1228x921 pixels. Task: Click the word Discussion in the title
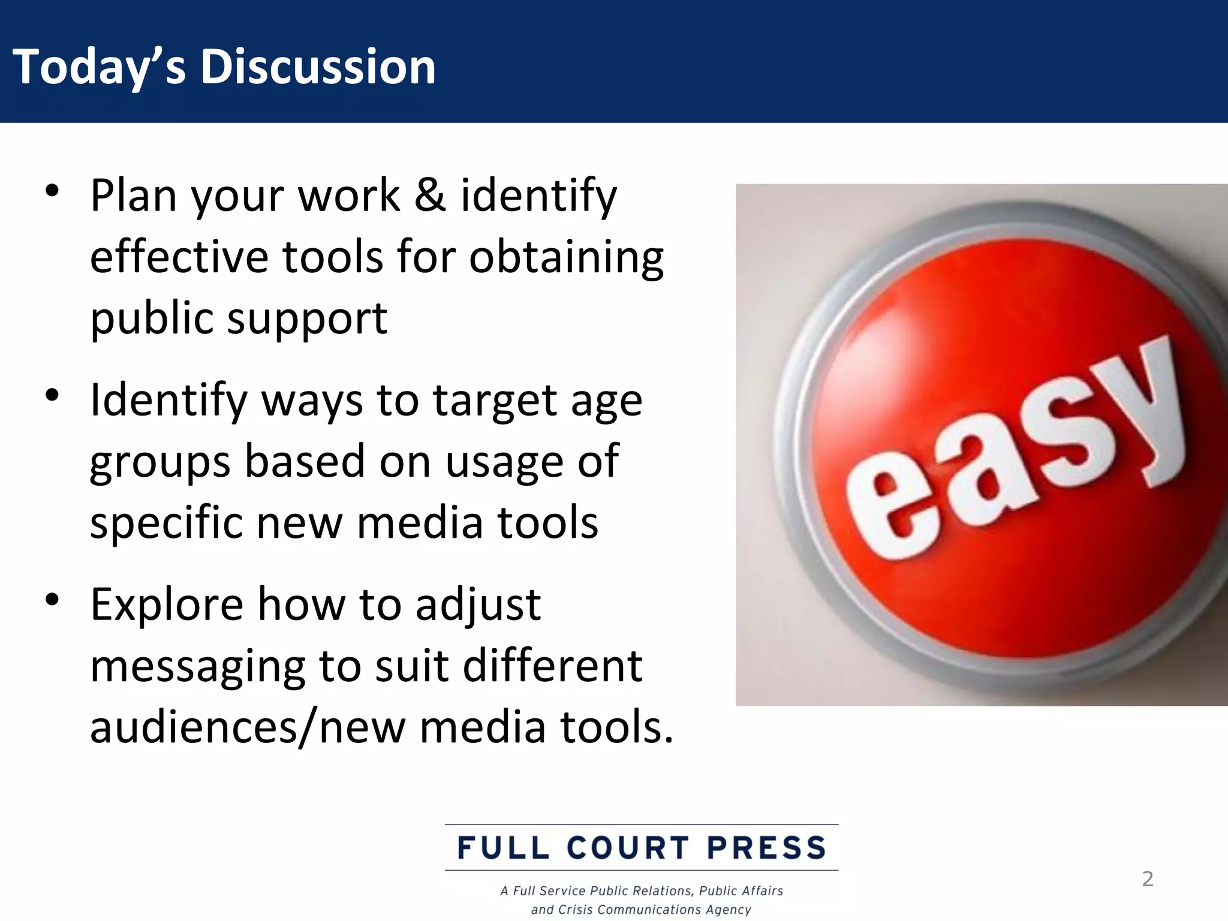[318, 67]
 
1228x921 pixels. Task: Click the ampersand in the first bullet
[430, 195]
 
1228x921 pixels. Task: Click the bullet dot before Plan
[53, 191]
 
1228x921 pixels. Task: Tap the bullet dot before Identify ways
[53, 395]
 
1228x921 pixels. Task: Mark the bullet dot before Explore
[53, 599]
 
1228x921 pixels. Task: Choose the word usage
[504, 462]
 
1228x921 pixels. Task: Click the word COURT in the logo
[628, 848]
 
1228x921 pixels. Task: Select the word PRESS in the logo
[767, 848]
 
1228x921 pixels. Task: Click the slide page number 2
[1147, 879]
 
